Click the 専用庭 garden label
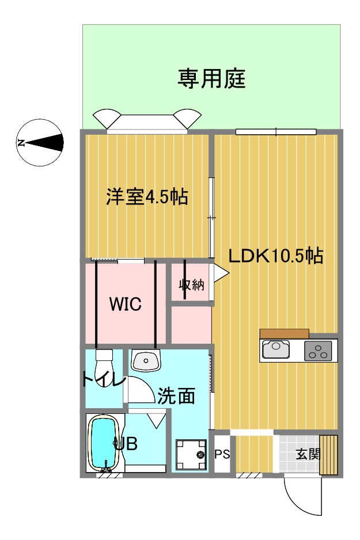pyautogui.click(x=211, y=79)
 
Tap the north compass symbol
pyautogui.click(x=40, y=142)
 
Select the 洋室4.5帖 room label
pyautogui.click(x=147, y=197)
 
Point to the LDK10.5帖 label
pyautogui.click(x=276, y=256)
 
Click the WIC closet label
pyautogui.click(x=126, y=304)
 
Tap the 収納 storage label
pyautogui.click(x=192, y=285)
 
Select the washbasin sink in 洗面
pyautogui.click(x=146, y=360)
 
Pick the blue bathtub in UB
pyautogui.click(x=104, y=443)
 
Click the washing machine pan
pyautogui.click(x=191, y=455)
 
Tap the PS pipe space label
pyautogui.click(x=222, y=454)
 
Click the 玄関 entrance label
pyautogui.click(x=308, y=454)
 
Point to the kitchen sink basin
pyautogui.click(x=276, y=350)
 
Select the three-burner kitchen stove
pyautogui.click(x=318, y=351)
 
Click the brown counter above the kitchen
pyautogui.click(x=284, y=334)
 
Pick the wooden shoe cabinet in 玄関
pyautogui.click(x=329, y=455)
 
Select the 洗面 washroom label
pyautogui.click(x=176, y=396)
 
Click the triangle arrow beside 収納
pyautogui.click(x=221, y=273)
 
